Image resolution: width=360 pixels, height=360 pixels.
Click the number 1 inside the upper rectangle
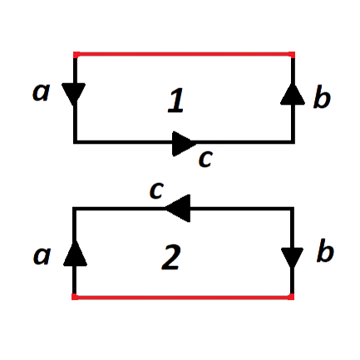[175, 101]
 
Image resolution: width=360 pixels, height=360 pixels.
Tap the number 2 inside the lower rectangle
[171, 257]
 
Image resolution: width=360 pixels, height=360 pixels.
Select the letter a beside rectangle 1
[41, 91]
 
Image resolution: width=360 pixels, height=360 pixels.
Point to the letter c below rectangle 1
[205, 159]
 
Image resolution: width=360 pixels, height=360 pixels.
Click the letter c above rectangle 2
[156, 190]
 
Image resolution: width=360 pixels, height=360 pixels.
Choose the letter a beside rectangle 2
[42, 255]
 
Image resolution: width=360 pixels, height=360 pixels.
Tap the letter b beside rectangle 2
[325, 252]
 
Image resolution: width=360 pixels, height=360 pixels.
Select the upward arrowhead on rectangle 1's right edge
[293, 94]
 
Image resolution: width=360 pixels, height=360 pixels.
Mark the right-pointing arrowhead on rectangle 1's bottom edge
[184, 144]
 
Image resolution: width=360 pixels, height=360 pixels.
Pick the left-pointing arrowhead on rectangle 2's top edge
[178, 208]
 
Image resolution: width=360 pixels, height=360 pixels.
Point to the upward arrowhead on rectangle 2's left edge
[75, 254]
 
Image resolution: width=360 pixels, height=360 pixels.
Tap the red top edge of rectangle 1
[184, 54]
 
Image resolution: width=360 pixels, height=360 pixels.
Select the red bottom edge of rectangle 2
[183, 297]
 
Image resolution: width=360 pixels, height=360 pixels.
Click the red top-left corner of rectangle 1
[75, 54]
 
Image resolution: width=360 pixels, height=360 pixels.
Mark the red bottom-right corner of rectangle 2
[292, 297]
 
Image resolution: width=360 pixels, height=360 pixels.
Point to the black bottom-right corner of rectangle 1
[293, 142]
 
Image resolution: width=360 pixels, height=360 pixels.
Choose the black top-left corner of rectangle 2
[74, 209]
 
